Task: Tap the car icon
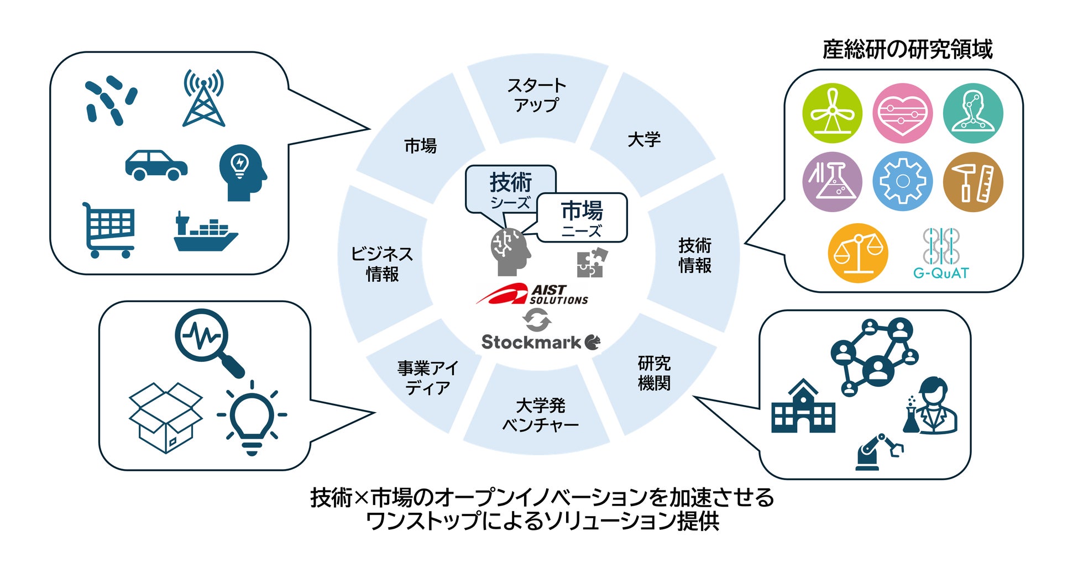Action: tap(156, 165)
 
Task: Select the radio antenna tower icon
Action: tap(203, 98)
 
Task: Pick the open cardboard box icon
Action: tap(165, 418)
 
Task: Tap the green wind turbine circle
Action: tap(832, 113)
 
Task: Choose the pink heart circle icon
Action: tap(902, 113)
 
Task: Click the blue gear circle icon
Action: tap(902, 182)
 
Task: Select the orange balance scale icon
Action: tap(857, 253)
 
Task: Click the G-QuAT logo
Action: tap(941, 254)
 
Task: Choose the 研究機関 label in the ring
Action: tap(654, 373)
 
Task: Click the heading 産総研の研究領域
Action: tap(907, 50)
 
